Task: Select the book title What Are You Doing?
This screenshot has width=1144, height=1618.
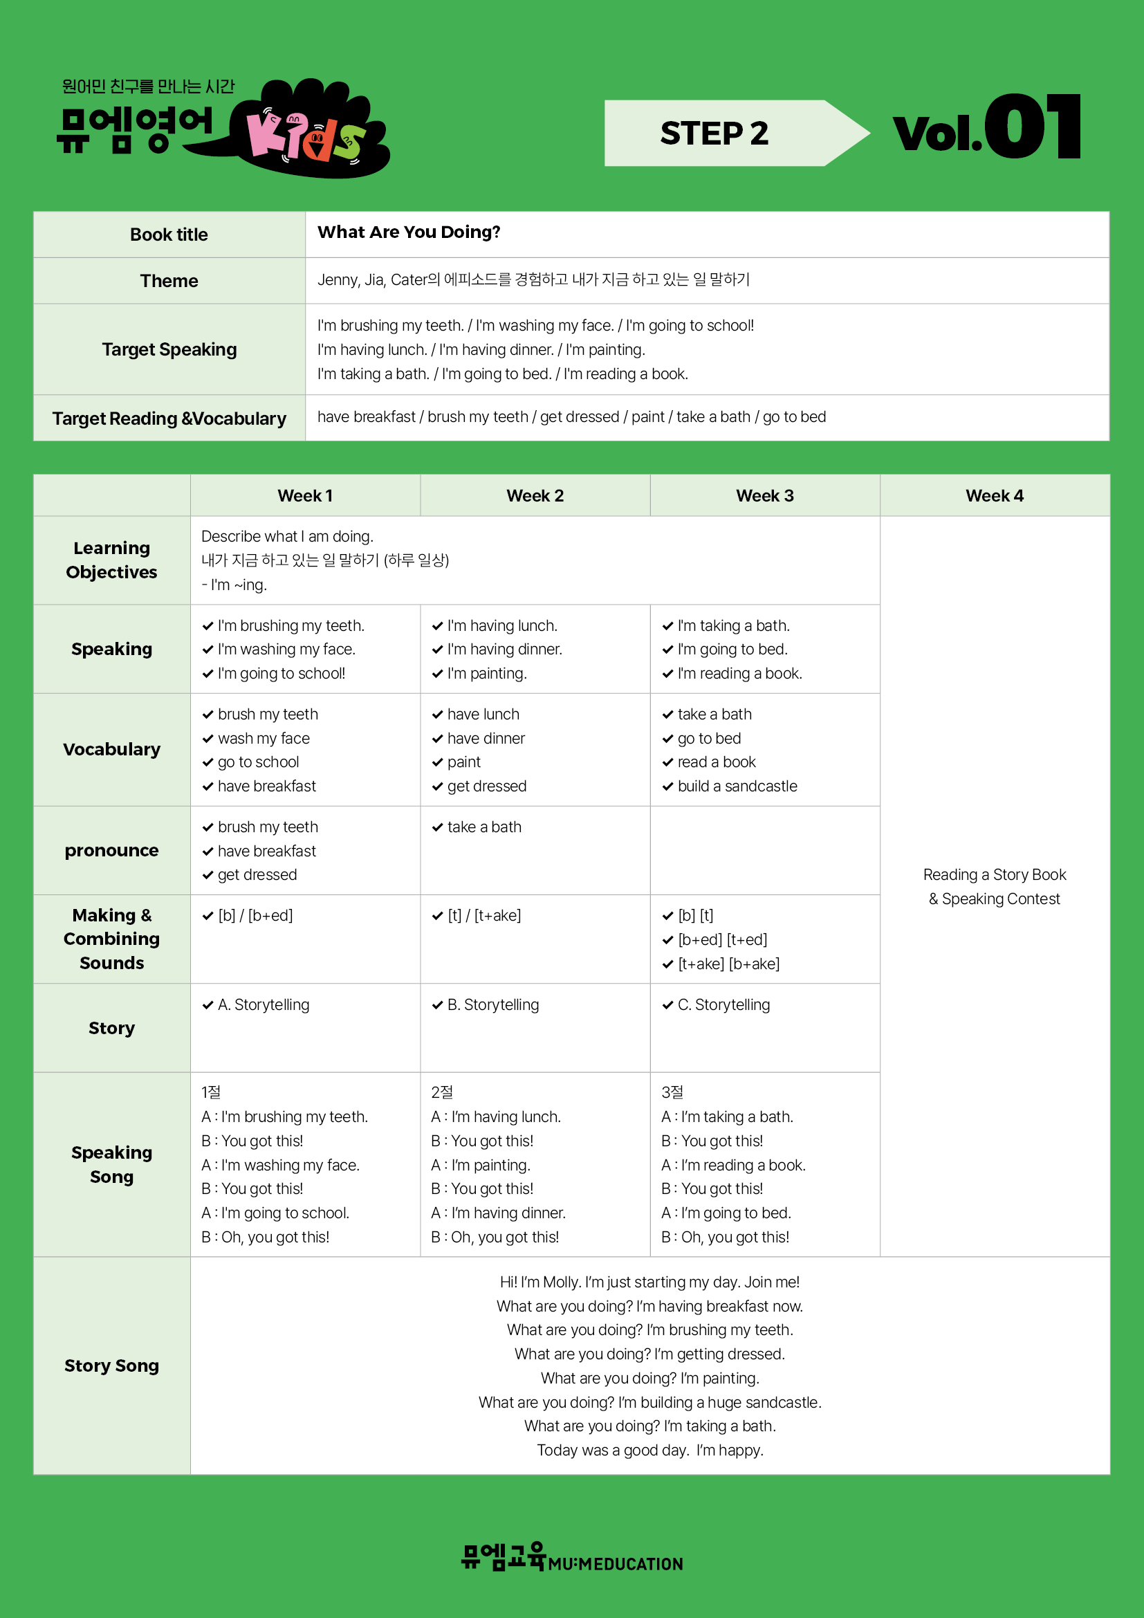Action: (409, 232)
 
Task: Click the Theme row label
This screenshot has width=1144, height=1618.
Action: (169, 281)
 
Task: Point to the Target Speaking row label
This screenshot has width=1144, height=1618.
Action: (169, 349)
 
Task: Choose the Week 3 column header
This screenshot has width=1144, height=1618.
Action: (764, 496)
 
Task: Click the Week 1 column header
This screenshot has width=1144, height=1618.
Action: (305, 496)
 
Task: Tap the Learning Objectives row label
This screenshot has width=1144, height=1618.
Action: (111, 560)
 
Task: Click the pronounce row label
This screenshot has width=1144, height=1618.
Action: (111, 851)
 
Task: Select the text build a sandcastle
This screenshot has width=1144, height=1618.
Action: (737, 787)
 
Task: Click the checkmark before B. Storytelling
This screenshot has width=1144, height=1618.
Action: (437, 1006)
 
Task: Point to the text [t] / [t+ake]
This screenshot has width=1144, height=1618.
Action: (484, 916)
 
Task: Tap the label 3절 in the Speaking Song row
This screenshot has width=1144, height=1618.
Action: (672, 1092)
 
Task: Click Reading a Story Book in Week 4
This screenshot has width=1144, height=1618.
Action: (994, 875)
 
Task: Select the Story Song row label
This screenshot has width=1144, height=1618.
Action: (111, 1366)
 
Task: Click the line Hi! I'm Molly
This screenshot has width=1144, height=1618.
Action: (649, 1283)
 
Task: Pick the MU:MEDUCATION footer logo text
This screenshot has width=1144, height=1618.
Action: (615, 1565)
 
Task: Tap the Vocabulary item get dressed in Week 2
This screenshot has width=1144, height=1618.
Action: (487, 787)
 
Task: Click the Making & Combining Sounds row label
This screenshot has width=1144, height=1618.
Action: (111, 939)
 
